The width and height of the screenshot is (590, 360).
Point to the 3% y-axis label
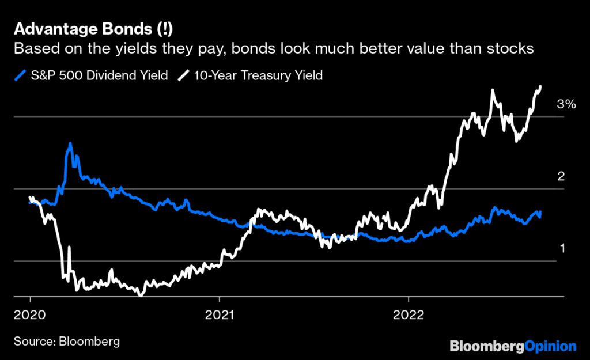click(x=566, y=104)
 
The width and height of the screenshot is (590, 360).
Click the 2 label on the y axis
click(x=560, y=176)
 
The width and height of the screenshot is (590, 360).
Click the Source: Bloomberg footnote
click(x=67, y=342)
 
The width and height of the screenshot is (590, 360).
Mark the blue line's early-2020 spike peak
click(x=70, y=143)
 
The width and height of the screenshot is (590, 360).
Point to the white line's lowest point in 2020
click(x=140, y=294)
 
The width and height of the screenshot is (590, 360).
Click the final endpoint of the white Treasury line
click(x=540, y=87)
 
